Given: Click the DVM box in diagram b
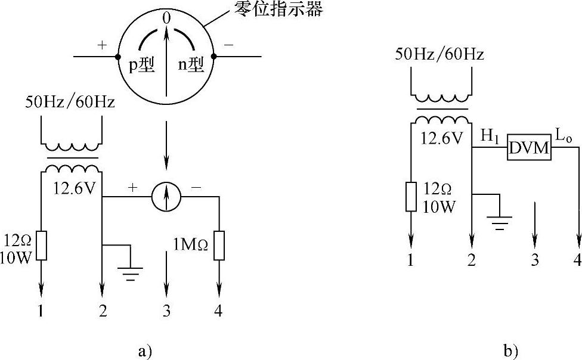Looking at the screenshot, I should tap(530, 147).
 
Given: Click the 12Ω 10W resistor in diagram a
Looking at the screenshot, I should tap(41, 246).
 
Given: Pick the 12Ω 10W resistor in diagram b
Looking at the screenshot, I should tap(411, 197).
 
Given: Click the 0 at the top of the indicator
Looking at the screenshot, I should tap(166, 18).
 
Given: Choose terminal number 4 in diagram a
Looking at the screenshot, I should tap(218, 311).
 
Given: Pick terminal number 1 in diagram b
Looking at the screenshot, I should tap(410, 260).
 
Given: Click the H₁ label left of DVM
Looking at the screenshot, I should tap(488, 136).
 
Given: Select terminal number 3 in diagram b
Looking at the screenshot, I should tap(535, 260).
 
